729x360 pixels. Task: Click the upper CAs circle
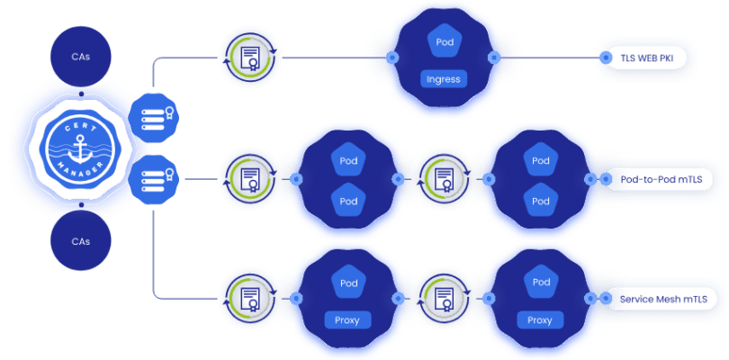pos(80,57)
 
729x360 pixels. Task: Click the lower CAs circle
pos(80,240)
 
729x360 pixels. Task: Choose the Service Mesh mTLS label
pos(661,298)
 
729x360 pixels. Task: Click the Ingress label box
pos(443,78)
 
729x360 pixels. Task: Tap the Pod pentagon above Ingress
pos(443,43)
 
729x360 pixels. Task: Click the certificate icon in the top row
pos(247,58)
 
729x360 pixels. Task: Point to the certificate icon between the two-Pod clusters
pos(443,179)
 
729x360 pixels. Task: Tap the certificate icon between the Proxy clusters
pos(443,297)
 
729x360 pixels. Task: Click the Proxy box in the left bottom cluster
pos(346,319)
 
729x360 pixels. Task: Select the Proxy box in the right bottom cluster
pos(540,319)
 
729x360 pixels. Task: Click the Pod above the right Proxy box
pos(540,283)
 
